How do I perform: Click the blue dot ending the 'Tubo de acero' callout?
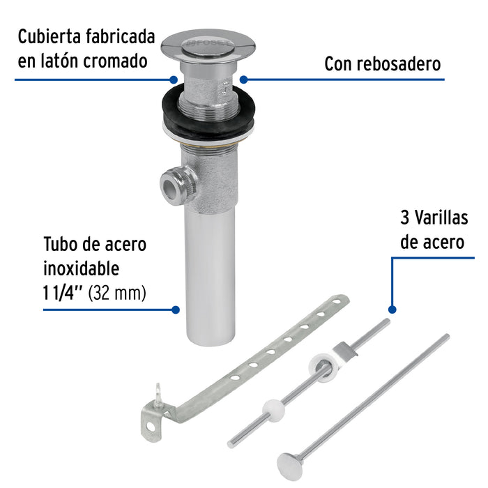tap(176, 310)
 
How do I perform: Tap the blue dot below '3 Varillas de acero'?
tap(392, 309)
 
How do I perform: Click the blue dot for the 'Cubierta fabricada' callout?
tap(172, 79)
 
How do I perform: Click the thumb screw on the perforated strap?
tap(159, 399)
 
